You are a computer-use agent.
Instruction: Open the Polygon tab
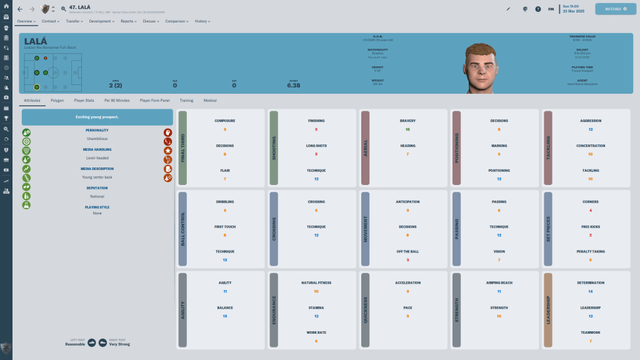(x=57, y=100)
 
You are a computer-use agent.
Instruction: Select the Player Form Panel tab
(x=154, y=100)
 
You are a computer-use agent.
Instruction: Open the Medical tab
(x=210, y=100)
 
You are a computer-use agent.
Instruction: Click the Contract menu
(x=50, y=21)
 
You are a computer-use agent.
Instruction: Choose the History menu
(x=202, y=21)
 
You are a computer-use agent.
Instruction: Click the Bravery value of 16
(x=407, y=129)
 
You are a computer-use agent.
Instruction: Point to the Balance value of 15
(x=225, y=316)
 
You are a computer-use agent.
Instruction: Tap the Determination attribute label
(x=590, y=282)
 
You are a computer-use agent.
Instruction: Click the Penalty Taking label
(x=590, y=251)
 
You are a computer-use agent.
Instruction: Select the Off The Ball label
(x=407, y=251)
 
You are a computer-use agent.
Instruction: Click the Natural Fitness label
(x=316, y=282)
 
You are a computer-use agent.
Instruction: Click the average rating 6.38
(x=293, y=86)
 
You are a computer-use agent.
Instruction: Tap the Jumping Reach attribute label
(x=499, y=282)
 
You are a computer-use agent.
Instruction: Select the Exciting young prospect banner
(x=97, y=117)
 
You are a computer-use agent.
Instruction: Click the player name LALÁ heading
(x=37, y=41)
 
